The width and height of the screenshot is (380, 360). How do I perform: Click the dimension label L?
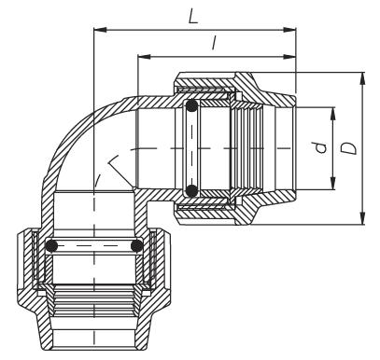point(193,16)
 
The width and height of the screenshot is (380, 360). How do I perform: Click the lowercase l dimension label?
point(214,43)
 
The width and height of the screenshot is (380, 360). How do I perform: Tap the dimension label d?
point(320,147)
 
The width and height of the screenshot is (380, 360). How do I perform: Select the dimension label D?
point(348,148)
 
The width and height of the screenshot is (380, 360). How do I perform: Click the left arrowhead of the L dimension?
point(100,30)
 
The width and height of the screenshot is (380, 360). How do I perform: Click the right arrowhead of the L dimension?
point(289,30)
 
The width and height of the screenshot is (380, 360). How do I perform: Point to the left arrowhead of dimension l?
point(144,57)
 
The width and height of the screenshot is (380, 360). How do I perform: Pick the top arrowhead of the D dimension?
point(362,79)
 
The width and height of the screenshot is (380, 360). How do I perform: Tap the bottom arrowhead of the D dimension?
point(362,217)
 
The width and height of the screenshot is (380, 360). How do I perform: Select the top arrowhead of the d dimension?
point(333,114)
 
